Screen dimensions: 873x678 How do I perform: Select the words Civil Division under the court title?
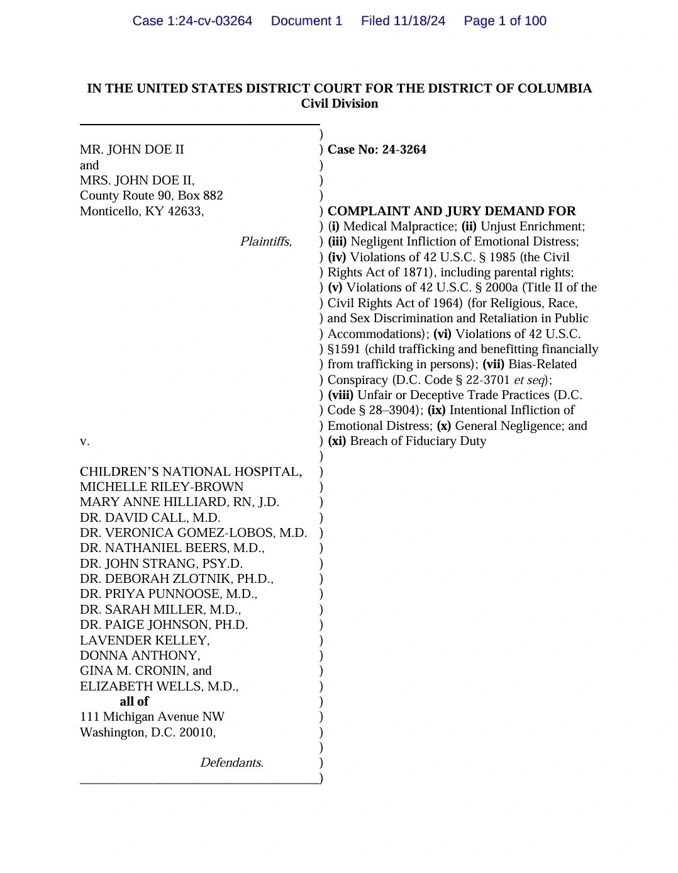tap(339, 104)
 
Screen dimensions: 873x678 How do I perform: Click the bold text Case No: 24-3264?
tap(377, 150)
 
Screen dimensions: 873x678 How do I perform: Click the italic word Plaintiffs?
tap(265, 242)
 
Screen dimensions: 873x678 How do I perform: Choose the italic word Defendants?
tap(231, 763)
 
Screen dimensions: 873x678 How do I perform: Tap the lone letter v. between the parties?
tap(84, 441)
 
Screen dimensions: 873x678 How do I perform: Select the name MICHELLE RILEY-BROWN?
tap(162, 487)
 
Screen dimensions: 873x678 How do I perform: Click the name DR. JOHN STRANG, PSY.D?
tap(161, 563)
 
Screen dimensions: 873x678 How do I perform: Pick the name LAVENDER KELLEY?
tap(144, 640)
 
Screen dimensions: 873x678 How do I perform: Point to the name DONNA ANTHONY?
tap(140, 655)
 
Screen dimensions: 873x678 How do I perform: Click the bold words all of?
tap(134, 701)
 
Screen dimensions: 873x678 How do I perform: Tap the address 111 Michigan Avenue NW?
tap(152, 717)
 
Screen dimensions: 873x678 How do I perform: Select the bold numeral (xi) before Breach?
tap(337, 441)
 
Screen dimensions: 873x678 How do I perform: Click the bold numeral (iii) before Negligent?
tap(337, 242)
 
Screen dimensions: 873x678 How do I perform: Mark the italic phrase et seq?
tap(529, 380)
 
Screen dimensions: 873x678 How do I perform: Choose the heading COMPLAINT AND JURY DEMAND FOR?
tap(452, 211)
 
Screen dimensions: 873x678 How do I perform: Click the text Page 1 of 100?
tap(504, 21)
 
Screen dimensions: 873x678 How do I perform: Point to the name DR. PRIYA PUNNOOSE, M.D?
tap(168, 594)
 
